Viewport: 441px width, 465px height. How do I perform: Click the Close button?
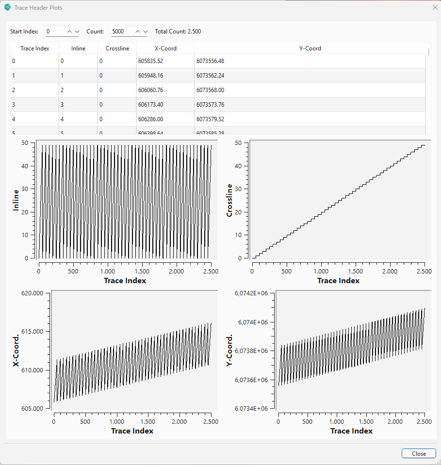(418, 453)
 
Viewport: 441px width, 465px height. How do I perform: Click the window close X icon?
(435, 8)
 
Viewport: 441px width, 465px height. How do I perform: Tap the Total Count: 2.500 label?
(178, 32)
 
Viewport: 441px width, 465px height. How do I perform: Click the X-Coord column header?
(165, 48)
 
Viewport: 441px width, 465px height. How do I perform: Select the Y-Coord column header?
(310, 48)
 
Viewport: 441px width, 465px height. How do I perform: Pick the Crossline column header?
(117, 48)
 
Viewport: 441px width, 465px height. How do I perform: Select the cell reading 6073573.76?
(210, 105)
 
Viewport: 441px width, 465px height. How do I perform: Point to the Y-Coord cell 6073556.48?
(210, 61)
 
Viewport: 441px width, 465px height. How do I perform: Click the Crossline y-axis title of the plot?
(229, 200)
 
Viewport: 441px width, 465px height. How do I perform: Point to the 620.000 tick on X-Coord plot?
(33, 293)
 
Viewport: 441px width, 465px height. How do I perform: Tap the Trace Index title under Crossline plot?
(338, 281)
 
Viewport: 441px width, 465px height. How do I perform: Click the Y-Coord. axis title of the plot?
(229, 350)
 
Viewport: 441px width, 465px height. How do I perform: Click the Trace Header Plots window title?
(38, 8)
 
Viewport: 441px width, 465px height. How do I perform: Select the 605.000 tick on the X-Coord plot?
(33, 409)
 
